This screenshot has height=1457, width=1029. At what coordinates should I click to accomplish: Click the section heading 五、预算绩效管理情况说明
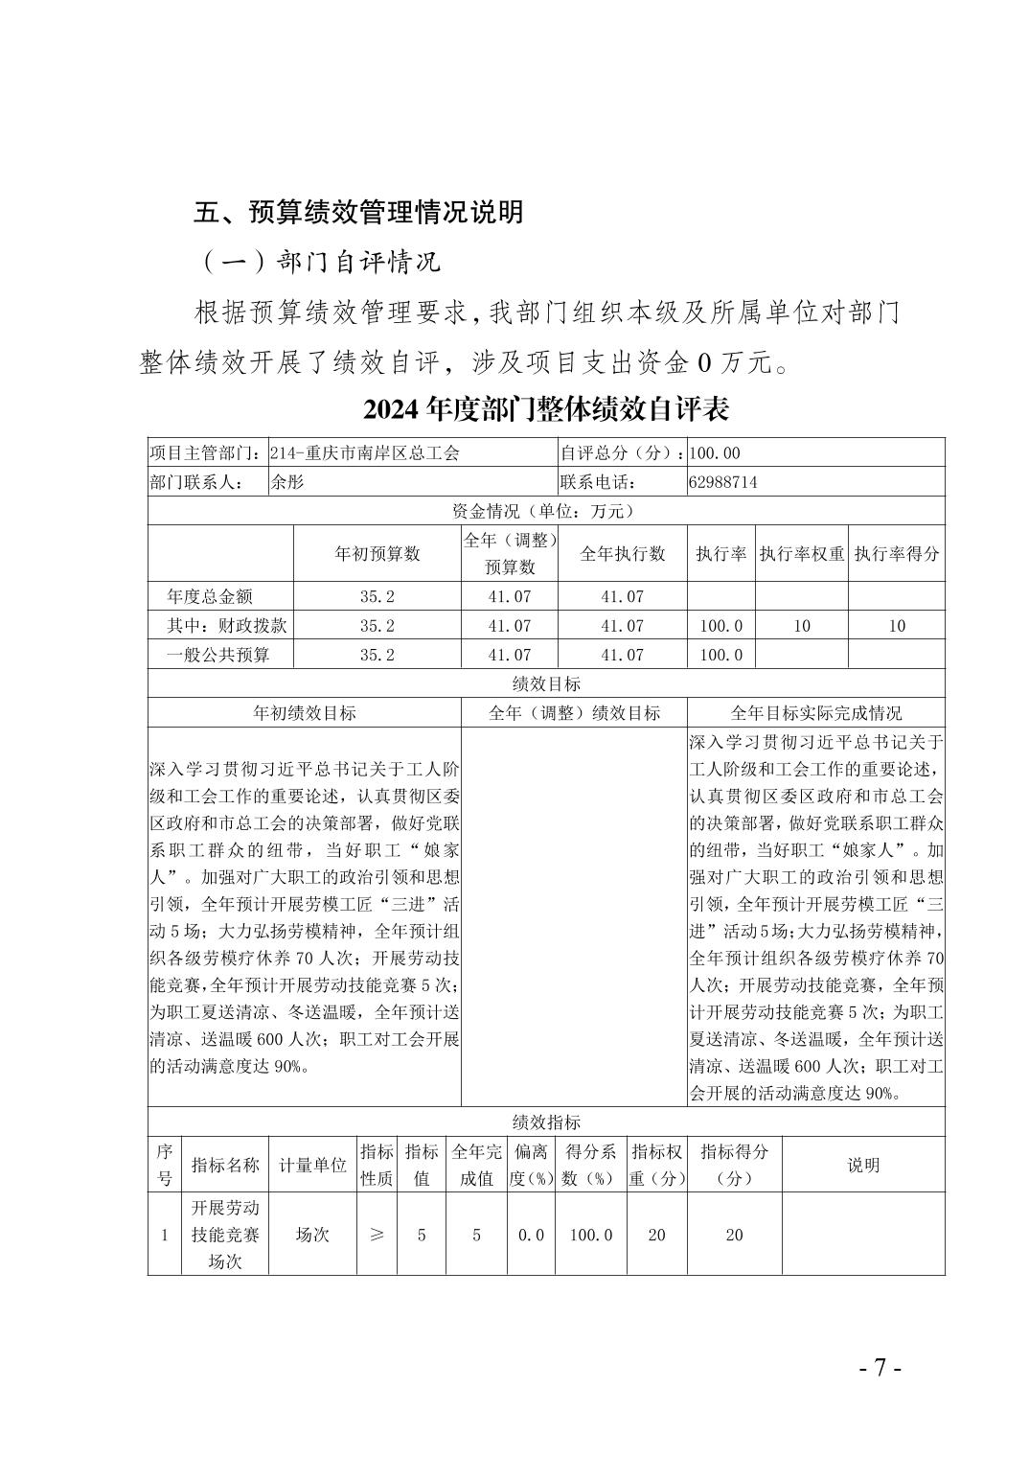(358, 212)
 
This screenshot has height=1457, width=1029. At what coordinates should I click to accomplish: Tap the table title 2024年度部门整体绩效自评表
(546, 409)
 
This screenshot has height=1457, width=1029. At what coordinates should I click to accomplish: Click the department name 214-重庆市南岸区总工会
(365, 453)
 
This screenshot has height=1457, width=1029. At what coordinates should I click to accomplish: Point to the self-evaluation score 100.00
(714, 453)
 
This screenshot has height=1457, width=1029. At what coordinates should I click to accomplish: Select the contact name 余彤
(286, 482)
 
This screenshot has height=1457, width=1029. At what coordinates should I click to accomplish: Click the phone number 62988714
(722, 482)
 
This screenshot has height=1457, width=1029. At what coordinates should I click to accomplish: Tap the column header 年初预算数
(377, 553)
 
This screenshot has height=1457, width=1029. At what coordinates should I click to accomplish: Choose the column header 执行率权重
(802, 553)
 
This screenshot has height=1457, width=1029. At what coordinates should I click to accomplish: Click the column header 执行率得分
(897, 553)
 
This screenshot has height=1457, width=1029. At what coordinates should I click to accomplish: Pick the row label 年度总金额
(210, 596)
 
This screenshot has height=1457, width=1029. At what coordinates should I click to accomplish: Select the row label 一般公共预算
(218, 655)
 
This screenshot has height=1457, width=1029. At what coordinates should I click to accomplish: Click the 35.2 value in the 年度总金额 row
(377, 596)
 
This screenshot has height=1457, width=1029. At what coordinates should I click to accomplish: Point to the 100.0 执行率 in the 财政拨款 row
(721, 626)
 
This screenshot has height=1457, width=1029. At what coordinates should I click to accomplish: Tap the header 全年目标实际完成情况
(816, 713)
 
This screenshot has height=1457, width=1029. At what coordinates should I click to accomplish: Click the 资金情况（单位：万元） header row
(546, 511)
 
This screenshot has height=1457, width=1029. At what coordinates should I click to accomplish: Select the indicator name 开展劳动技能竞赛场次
(225, 1235)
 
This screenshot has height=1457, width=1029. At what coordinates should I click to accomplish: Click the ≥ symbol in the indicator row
(377, 1235)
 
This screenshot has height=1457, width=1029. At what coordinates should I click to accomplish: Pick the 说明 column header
(863, 1165)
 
